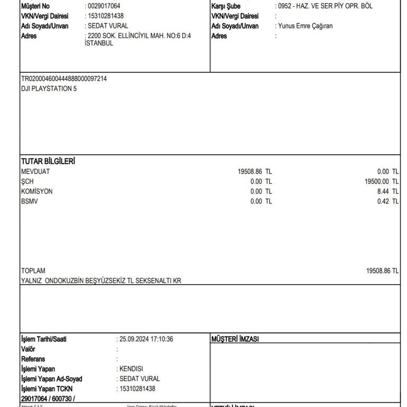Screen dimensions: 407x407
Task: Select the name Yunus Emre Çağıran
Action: [305, 26]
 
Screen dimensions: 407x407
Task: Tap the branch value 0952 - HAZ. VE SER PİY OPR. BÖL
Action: [325, 6]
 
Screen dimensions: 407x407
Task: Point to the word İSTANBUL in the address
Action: [99, 43]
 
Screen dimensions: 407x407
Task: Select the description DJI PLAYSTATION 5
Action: [49, 89]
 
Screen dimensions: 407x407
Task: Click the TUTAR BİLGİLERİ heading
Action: [48, 161]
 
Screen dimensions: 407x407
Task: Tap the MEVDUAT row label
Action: [35, 171]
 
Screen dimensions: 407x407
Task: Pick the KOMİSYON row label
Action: [37, 191]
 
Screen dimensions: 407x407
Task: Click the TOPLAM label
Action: [33, 270]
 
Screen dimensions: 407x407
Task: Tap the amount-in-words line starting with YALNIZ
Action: [101, 280]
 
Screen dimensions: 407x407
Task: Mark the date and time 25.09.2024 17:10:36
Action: [147, 339]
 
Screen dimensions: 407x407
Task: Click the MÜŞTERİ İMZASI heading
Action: [235, 339]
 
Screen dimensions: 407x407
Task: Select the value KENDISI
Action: [131, 369]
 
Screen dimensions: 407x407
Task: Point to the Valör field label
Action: [28, 349]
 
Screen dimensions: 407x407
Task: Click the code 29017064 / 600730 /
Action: [48, 399]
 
